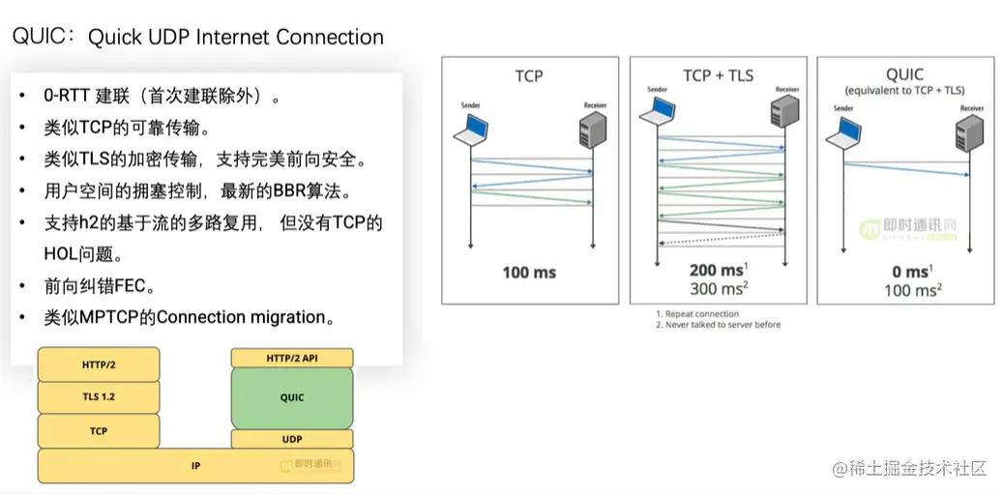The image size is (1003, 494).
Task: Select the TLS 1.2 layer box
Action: point(99,396)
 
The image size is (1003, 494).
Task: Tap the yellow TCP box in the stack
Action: point(99,430)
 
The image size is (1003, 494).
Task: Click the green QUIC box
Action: point(292,397)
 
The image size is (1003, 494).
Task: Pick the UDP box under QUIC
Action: point(292,439)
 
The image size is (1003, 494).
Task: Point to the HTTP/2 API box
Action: point(292,358)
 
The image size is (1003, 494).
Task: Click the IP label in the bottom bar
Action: point(196,465)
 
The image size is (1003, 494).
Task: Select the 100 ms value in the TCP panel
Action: point(529,272)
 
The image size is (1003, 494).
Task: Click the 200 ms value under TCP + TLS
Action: point(715,271)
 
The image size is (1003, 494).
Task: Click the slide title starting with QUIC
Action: point(197,37)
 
